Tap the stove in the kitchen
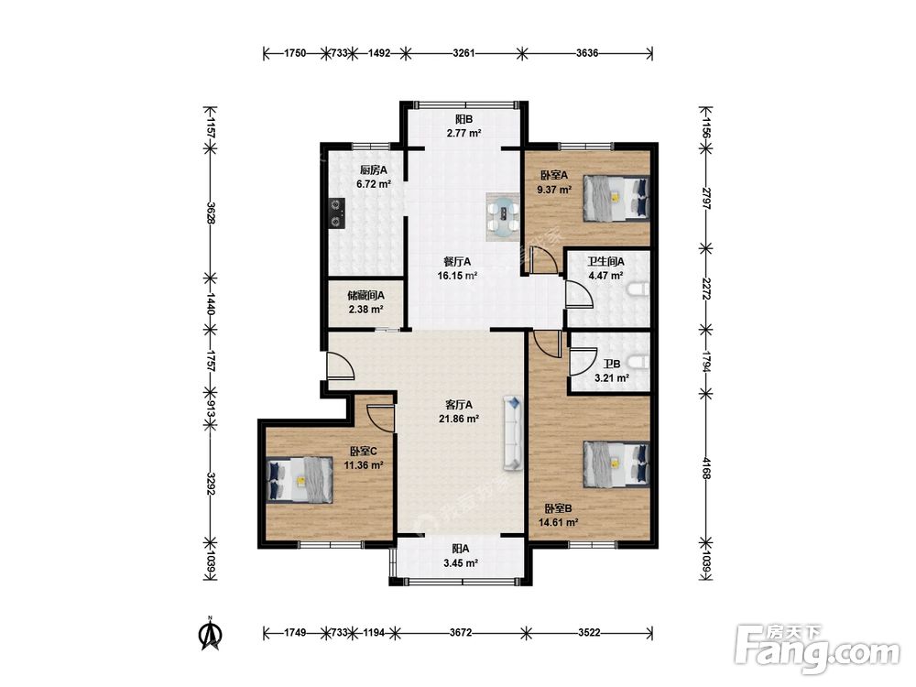pyautogui.click(x=336, y=213)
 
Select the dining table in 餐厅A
pyautogui.click(x=502, y=216)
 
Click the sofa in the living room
pyautogui.click(x=512, y=433)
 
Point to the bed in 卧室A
pyautogui.click(x=616, y=199)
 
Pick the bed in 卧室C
pyautogui.click(x=300, y=480)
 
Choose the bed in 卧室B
pyautogui.click(x=616, y=463)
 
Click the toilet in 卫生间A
pyautogui.click(x=638, y=289)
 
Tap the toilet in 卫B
pyautogui.click(x=638, y=362)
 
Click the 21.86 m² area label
pyautogui.click(x=459, y=419)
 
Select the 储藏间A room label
pyautogui.click(x=365, y=296)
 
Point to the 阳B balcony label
pyautogui.click(x=463, y=119)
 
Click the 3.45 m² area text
pyautogui.click(x=461, y=563)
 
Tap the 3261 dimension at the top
pyautogui.click(x=463, y=53)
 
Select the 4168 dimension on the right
pyautogui.click(x=705, y=468)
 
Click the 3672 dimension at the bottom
pyautogui.click(x=461, y=633)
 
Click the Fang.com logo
pyautogui.click(x=817, y=649)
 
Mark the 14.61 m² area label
pyautogui.click(x=559, y=523)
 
